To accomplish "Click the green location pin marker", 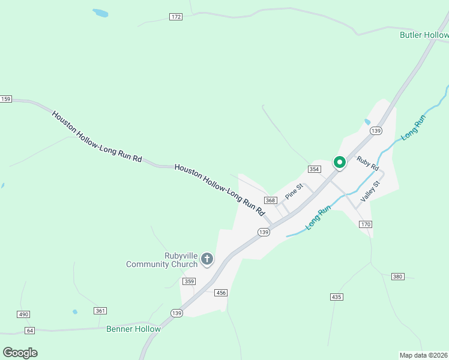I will pos(339,163).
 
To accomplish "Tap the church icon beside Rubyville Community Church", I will pos(206,259).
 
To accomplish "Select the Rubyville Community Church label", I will pos(161,260).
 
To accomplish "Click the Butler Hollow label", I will pos(424,35).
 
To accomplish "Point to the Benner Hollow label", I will pos(133,329).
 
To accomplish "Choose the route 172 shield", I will pos(176,17).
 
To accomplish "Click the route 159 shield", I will pos(6,99).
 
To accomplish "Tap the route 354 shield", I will pos(314,169).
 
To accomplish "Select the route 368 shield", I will pos(270,200).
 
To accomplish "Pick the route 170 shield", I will pos(366,224).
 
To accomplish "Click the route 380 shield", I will pos(397,277).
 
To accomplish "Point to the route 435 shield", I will pos(336,297).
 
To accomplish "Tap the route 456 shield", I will pos(221,292).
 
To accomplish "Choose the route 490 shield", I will pos(23,314).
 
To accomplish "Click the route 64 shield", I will pos(30,331).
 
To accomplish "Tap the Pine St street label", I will pos(294,191).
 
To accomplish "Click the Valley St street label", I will pos(371,191).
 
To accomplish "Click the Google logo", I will pos(20,353).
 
